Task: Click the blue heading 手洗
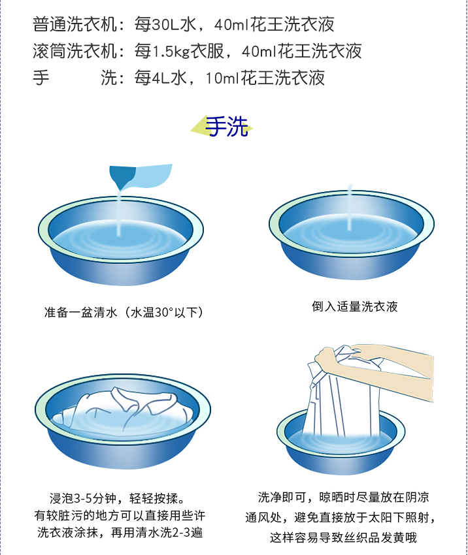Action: click(227, 127)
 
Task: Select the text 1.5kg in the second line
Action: click(171, 52)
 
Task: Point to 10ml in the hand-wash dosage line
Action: click(222, 78)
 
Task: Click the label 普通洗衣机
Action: click(75, 25)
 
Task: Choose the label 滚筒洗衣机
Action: click(75, 52)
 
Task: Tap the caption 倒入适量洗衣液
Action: click(355, 306)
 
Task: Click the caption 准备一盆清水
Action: click(80, 312)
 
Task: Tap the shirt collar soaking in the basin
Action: click(127, 400)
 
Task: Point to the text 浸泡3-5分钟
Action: click(83, 498)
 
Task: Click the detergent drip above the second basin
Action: click(350, 207)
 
